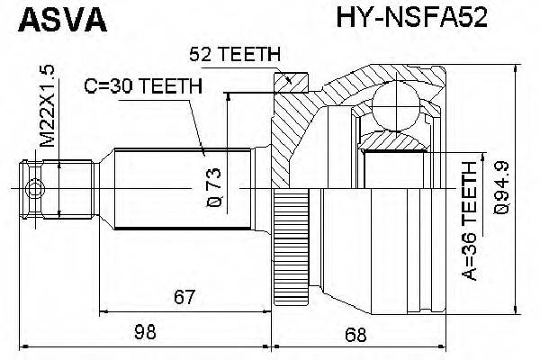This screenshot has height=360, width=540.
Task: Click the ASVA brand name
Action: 55,19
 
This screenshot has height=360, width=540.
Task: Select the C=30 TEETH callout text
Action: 142,87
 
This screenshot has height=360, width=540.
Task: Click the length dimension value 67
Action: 184,296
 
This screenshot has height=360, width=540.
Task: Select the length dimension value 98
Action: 144,334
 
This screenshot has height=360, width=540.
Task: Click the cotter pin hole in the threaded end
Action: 35,189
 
